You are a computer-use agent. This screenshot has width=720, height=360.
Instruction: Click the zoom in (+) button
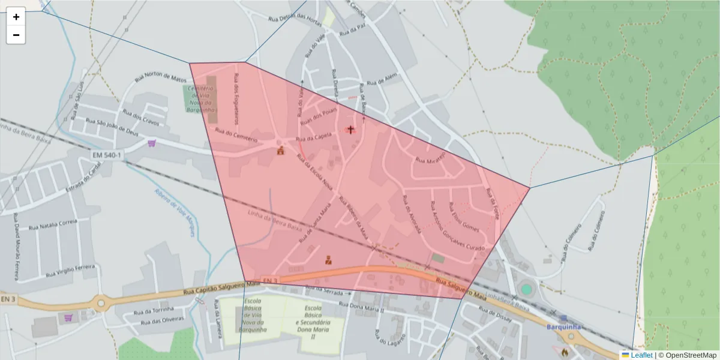point(16,17)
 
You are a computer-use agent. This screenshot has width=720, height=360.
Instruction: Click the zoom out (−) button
point(16,35)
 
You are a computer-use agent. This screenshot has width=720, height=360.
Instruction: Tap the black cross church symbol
point(351,129)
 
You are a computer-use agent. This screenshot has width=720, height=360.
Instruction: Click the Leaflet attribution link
point(641,355)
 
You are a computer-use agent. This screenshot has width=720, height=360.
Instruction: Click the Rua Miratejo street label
point(430,159)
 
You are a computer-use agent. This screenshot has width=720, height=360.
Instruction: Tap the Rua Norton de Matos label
point(161,78)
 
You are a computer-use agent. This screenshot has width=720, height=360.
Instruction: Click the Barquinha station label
point(565,327)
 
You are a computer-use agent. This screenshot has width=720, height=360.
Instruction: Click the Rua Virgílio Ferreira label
point(71,271)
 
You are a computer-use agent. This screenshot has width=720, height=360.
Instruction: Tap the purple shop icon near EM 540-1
point(151,143)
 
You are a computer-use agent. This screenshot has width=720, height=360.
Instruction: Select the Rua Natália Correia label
point(53,225)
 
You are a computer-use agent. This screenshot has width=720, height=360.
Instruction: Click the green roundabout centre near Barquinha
point(526,289)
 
